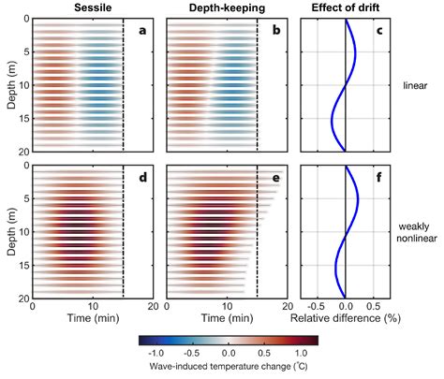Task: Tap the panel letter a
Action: pos(143,31)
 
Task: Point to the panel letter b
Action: pos(277,31)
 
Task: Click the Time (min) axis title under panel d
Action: pos(92,317)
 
